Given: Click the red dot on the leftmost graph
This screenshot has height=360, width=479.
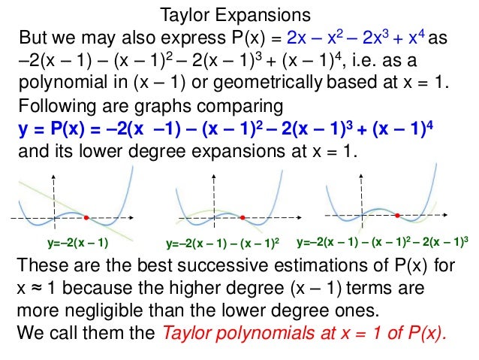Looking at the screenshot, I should click(x=86, y=217).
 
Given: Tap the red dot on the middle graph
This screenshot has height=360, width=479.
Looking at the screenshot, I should click(x=243, y=217).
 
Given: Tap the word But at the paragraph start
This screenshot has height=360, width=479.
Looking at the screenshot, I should click(x=34, y=38).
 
